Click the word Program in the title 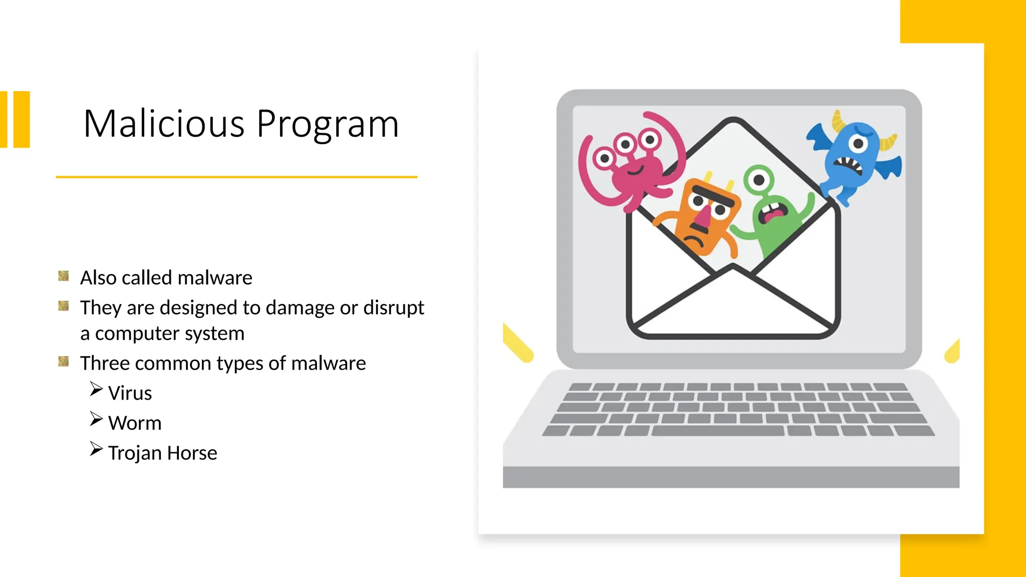click(x=328, y=125)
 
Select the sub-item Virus click(x=130, y=393)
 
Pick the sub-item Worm click(x=135, y=423)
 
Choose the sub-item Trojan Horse click(x=162, y=453)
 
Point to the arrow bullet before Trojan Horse click(x=96, y=449)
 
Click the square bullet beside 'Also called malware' click(x=64, y=276)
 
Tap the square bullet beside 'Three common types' click(x=64, y=361)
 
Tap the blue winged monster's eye click(x=858, y=144)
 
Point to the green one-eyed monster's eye click(x=759, y=179)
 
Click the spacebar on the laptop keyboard click(x=717, y=431)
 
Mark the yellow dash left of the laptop click(x=518, y=343)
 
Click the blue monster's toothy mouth click(x=850, y=164)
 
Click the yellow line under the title click(x=236, y=177)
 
